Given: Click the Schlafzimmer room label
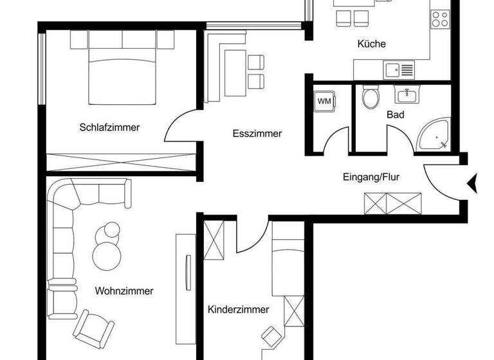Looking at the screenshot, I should [x=109, y=127].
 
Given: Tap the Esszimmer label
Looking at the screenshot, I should [x=257, y=134].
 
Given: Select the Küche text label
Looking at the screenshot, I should [x=372, y=44].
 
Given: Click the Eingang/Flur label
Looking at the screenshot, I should [x=372, y=177].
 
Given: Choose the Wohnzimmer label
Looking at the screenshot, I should [x=124, y=291].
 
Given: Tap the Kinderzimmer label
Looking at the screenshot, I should [x=238, y=309].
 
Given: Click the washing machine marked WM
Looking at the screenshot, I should [x=324, y=101].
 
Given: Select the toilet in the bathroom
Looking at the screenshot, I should [x=370, y=98].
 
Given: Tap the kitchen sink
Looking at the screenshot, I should [x=399, y=68].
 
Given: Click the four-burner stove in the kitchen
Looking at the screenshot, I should [x=440, y=19].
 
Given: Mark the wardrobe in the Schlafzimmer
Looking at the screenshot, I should [x=121, y=162].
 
